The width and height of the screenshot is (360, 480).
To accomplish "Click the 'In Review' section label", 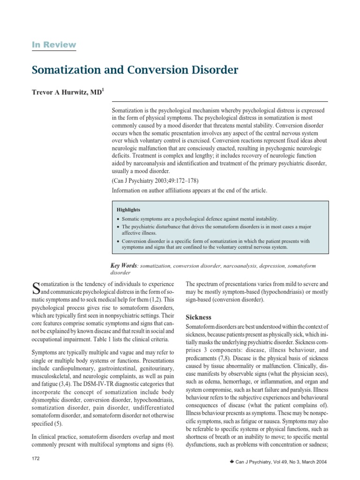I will pyautogui.click(x=53, y=45).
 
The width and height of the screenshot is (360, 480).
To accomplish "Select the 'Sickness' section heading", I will pyautogui.click(x=199, y=317).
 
